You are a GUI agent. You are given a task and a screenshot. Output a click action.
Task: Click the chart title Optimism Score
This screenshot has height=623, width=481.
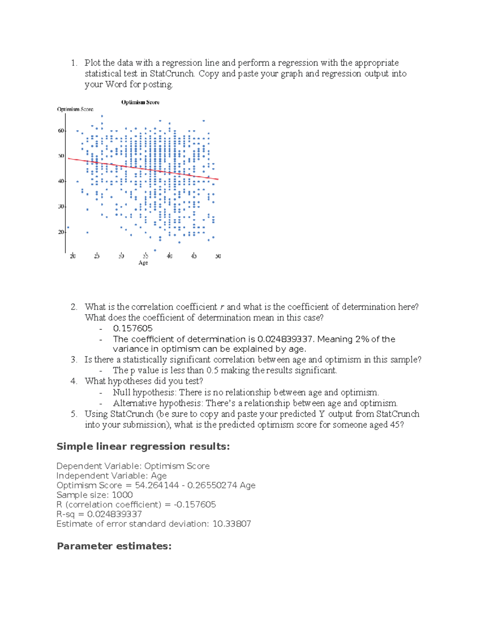tap(140, 102)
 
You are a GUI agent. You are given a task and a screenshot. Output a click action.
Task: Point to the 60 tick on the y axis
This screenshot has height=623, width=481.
tap(61, 131)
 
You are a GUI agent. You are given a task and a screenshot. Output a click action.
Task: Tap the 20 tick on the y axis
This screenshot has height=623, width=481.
tap(61, 232)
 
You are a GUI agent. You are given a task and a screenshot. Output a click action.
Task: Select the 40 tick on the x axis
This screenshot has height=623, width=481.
tap(170, 256)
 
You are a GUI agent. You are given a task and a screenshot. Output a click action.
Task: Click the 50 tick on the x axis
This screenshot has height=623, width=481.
tap(218, 256)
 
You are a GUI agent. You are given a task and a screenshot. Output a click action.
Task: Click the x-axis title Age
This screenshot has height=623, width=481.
tap(143, 263)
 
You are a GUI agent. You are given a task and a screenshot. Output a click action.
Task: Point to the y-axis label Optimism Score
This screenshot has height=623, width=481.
tap(75, 109)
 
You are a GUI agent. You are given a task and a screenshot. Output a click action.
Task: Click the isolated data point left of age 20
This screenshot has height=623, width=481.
tap(68, 227)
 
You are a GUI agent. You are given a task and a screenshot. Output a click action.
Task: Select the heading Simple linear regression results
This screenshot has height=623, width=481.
tap(143, 446)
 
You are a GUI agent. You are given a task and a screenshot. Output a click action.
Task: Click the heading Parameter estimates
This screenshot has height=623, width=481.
tap(114, 546)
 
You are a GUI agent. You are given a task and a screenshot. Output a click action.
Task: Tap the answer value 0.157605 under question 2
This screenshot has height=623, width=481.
tap(133, 329)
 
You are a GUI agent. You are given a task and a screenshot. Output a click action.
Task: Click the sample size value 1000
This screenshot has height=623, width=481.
tap(122, 495)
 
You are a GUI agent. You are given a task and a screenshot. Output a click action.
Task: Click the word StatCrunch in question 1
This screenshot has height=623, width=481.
tap(172, 74)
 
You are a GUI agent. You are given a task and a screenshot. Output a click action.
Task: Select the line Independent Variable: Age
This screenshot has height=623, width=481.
tap(111, 476)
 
